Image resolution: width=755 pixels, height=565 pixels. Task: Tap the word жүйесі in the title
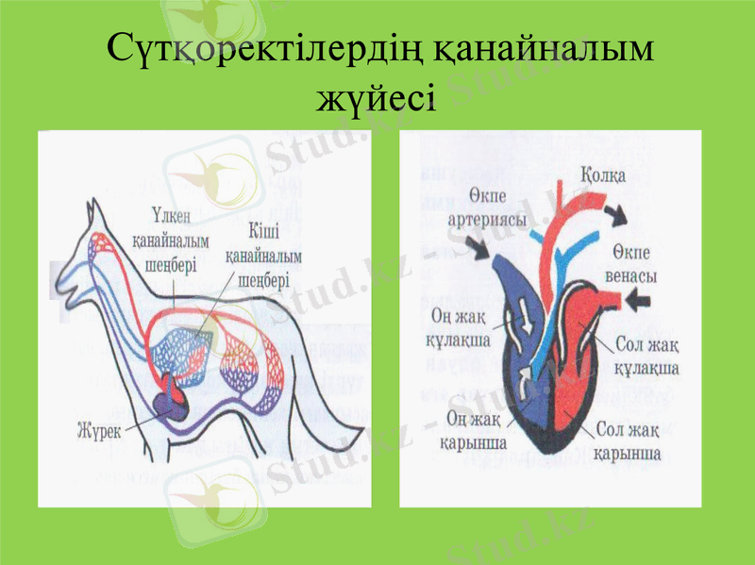[376, 98]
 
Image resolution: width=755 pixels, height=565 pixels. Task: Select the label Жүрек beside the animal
[100, 431]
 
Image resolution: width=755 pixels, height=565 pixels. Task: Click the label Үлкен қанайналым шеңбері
[171, 240]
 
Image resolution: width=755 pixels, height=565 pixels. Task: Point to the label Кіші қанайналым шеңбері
[263, 255]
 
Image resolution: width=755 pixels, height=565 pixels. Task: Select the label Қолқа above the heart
[603, 175]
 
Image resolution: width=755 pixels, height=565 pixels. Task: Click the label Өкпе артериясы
[487, 208]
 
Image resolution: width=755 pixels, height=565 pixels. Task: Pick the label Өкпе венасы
[630, 264]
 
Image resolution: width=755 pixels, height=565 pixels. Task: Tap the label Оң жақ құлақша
[458, 328]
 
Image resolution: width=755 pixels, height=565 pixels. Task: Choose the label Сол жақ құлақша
[646, 357]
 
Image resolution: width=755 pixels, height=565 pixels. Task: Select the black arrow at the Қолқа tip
[617, 214]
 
